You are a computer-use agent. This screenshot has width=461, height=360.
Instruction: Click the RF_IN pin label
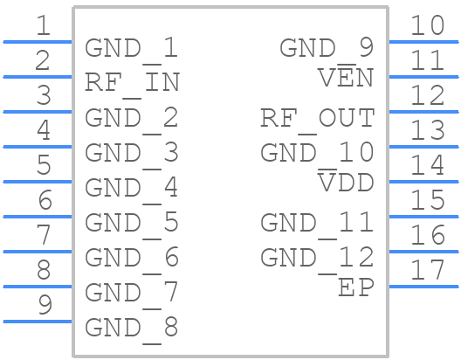[133, 83]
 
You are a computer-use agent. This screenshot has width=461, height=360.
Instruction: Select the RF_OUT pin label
[318, 118]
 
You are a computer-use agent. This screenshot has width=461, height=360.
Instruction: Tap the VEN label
[346, 77]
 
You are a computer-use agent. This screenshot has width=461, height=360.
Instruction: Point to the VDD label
[346, 182]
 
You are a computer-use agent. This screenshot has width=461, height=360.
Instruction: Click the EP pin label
[356, 287]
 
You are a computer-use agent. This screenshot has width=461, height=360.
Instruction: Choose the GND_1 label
[132, 48]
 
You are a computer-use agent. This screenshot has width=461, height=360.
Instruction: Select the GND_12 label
[318, 258]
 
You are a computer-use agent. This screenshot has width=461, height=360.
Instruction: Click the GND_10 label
[318, 153]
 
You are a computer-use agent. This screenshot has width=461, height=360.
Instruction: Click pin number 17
[428, 269]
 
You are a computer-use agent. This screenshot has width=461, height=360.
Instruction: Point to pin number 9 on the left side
[45, 304]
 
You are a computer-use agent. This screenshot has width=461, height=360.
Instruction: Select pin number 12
[428, 94]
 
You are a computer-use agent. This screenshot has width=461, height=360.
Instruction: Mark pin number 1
[43, 25]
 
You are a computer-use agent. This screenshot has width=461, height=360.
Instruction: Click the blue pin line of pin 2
[38, 77]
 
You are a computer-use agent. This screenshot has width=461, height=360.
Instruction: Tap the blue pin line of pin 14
[423, 182]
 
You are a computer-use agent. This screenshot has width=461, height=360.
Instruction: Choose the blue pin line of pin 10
[423, 42]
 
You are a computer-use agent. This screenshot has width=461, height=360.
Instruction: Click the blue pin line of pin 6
[38, 217]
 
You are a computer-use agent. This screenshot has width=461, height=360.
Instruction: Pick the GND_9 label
[327, 48]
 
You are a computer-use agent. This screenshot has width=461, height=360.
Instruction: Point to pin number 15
[428, 200]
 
